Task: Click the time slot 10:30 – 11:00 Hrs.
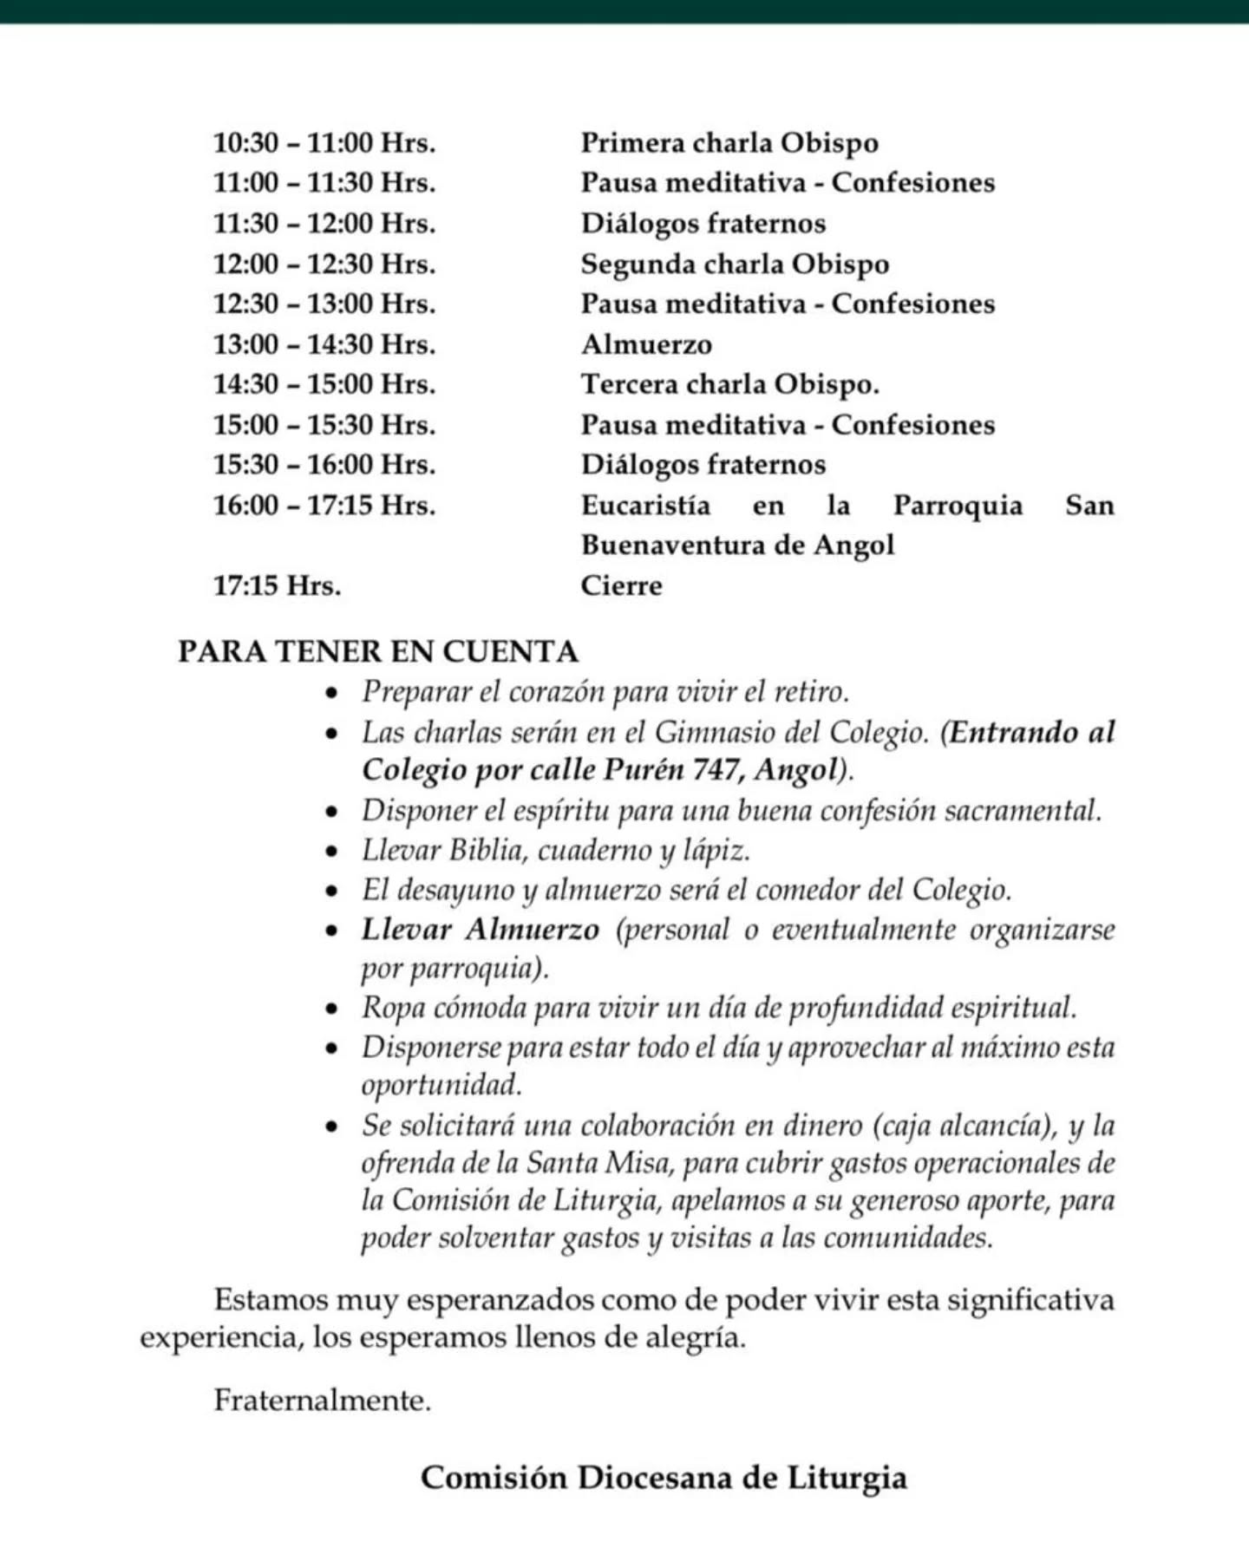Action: click(x=324, y=143)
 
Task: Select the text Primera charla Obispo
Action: click(x=729, y=143)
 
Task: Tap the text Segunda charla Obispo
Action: click(x=735, y=265)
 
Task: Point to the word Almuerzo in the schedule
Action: click(x=646, y=345)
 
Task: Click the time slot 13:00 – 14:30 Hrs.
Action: click(x=324, y=345)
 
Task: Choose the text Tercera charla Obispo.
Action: click(x=729, y=384)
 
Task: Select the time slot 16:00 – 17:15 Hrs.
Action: click(x=324, y=506)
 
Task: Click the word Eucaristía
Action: click(x=645, y=506)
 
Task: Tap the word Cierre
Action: click(x=621, y=586)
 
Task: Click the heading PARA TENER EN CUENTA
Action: click(x=378, y=652)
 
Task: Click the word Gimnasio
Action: click(x=715, y=733)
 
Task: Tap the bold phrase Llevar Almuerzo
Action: click(x=481, y=931)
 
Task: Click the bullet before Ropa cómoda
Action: click(x=330, y=1009)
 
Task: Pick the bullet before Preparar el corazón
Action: click(x=330, y=693)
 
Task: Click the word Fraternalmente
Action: click(x=322, y=1401)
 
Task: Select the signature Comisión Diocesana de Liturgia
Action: click(x=664, y=1478)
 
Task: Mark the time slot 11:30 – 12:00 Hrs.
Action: click(x=324, y=224)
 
